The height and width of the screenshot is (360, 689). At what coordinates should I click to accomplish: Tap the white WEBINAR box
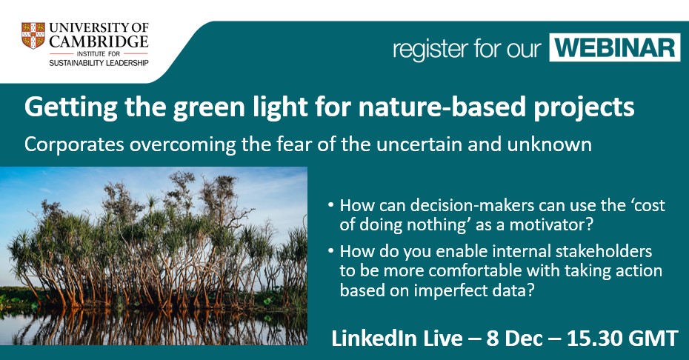click(x=614, y=47)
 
